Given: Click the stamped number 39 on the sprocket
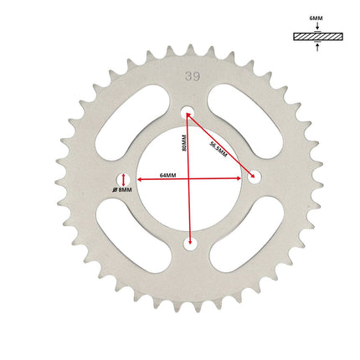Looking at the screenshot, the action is [193, 76].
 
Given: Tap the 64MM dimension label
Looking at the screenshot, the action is [167, 175].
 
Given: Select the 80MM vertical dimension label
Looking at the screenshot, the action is [183, 143].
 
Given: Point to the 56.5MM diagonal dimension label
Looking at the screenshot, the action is [219, 149].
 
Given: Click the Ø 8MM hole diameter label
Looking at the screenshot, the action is [121, 190].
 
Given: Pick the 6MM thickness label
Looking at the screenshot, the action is [316, 18].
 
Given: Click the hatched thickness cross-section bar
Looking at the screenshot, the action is [318, 37].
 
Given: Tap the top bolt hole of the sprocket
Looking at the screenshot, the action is [188, 113].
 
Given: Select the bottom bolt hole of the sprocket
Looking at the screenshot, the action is [191, 244].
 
